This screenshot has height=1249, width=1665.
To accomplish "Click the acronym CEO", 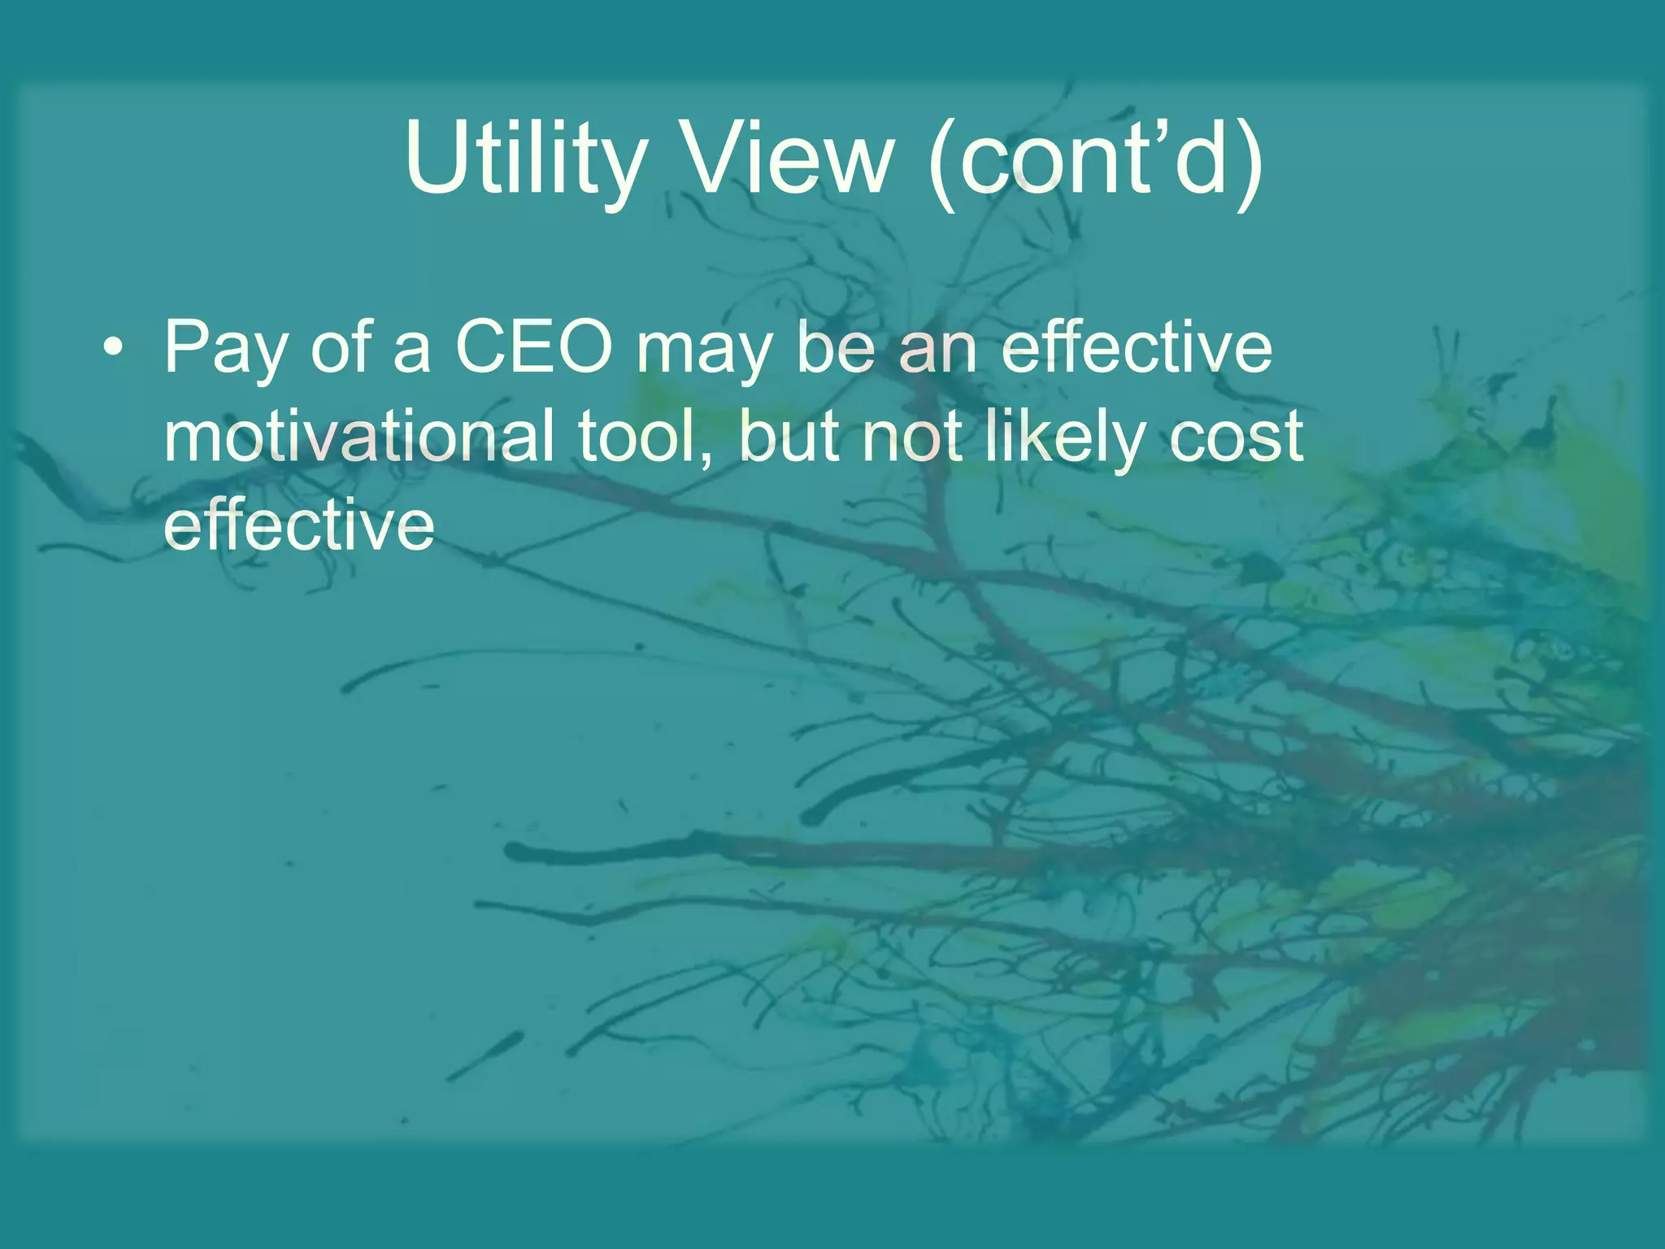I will (x=533, y=347).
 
